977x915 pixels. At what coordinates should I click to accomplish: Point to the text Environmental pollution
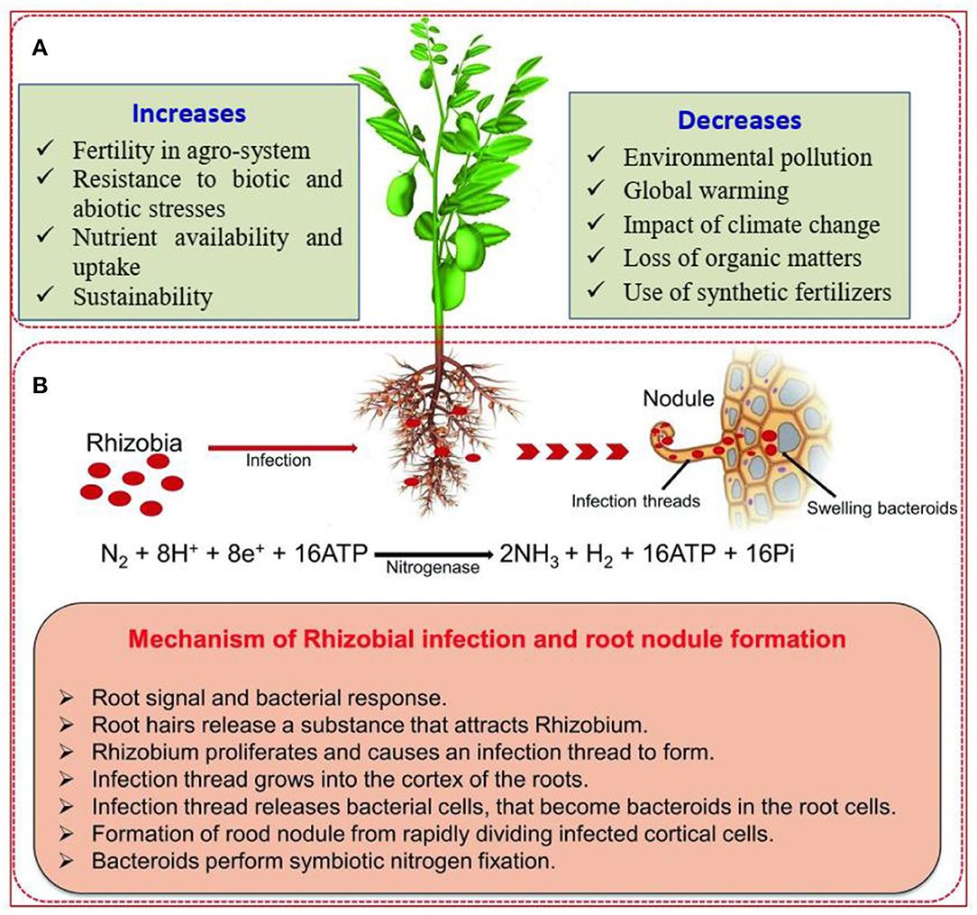click(x=747, y=158)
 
